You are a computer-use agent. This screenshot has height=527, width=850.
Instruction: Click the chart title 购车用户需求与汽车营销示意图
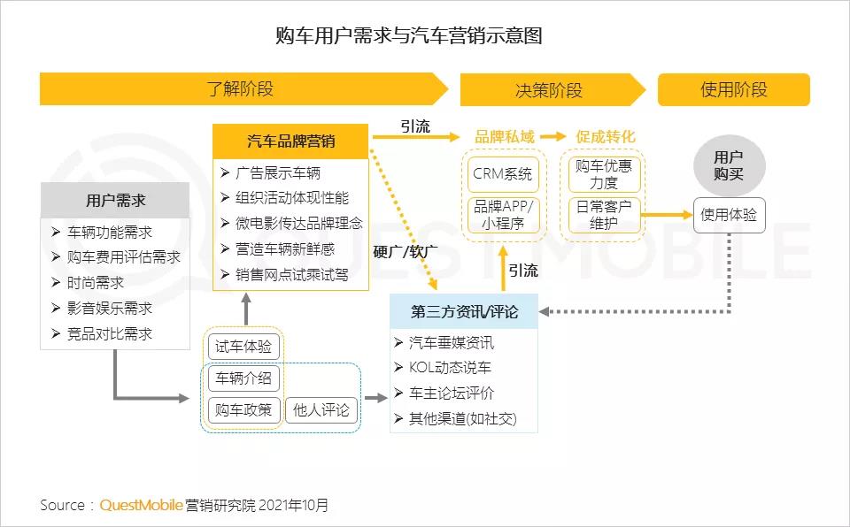pyautogui.click(x=409, y=35)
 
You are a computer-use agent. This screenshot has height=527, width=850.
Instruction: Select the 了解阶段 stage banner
pyautogui.click(x=244, y=88)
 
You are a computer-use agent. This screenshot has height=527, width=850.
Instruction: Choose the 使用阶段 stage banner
pyautogui.click(x=733, y=90)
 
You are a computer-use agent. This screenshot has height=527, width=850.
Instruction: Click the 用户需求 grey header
pyautogui.click(x=115, y=201)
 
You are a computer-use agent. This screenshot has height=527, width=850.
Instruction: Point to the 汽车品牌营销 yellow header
pyautogui.click(x=290, y=141)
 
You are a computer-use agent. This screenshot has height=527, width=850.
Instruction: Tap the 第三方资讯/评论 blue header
pyautogui.click(x=464, y=311)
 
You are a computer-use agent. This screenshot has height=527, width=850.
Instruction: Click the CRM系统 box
pyautogui.click(x=503, y=174)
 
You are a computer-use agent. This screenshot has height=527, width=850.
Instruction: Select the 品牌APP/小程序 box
pyautogui.click(x=503, y=215)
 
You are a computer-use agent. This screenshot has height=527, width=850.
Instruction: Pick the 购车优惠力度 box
pyautogui.click(x=604, y=174)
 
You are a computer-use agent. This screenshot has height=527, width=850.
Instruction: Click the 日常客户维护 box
pyautogui.click(x=604, y=215)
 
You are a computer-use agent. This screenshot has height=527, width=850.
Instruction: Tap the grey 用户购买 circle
pyautogui.click(x=729, y=165)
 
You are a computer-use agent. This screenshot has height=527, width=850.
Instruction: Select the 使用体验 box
pyautogui.click(x=729, y=215)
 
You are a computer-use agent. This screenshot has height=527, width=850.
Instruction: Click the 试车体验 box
pyautogui.click(x=243, y=347)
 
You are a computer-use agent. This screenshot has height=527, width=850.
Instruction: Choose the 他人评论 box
pyautogui.click(x=321, y=410)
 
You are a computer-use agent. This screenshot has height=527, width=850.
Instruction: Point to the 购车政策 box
pyautogui.click(x=243, y=410)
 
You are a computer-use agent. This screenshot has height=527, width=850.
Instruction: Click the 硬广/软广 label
pyautogui.click(x=405, y=252)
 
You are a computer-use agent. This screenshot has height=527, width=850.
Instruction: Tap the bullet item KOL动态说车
pyautogui.click(x=450, y=367)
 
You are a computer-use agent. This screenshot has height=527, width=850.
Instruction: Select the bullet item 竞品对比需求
pyautogui.click(x=110, y=333)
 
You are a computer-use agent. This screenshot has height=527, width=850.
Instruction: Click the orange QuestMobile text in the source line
pyautogui.click(x=141, y=505)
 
